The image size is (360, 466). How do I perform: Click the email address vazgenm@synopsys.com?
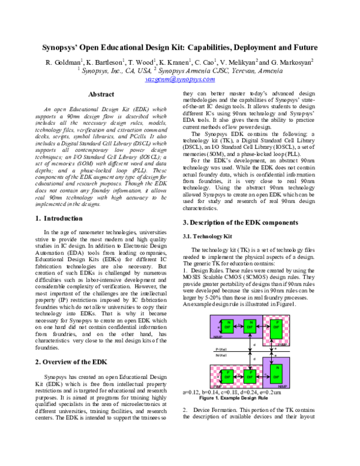180,79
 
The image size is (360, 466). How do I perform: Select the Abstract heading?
101,94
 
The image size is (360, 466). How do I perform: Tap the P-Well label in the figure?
221,349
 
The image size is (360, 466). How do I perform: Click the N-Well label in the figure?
221,356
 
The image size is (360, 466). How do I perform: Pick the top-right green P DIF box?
277,327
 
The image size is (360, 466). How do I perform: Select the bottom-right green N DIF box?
277,375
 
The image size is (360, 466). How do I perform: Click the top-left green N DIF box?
229,327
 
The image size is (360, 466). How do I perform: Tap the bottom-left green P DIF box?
229,375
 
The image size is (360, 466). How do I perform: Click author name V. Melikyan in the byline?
236,62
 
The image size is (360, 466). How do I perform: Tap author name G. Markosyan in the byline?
292,62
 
